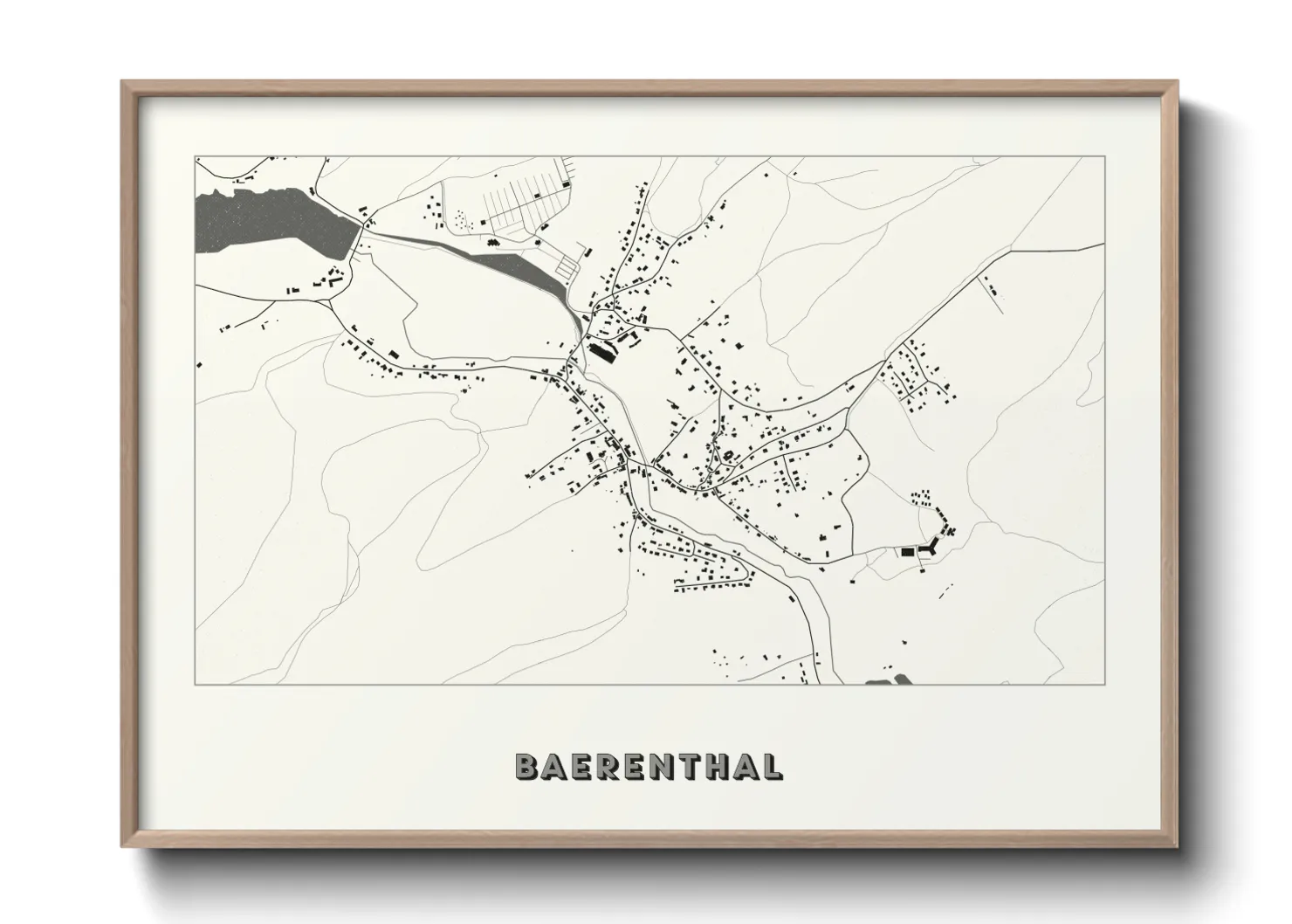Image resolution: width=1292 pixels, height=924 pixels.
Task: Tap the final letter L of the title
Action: click(x=772, y=766)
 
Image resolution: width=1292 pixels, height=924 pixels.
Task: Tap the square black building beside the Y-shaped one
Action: click(x=907, y=552)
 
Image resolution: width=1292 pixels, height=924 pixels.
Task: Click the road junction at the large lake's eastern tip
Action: click(x=361, y=229)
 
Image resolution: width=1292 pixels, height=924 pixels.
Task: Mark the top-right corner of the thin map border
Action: click(x=1105, y=157)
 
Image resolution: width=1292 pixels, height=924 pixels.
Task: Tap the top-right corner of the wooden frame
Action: click(x=1178, y=81)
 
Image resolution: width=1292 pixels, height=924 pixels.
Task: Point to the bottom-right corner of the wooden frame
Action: click(x=1178, y=846)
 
